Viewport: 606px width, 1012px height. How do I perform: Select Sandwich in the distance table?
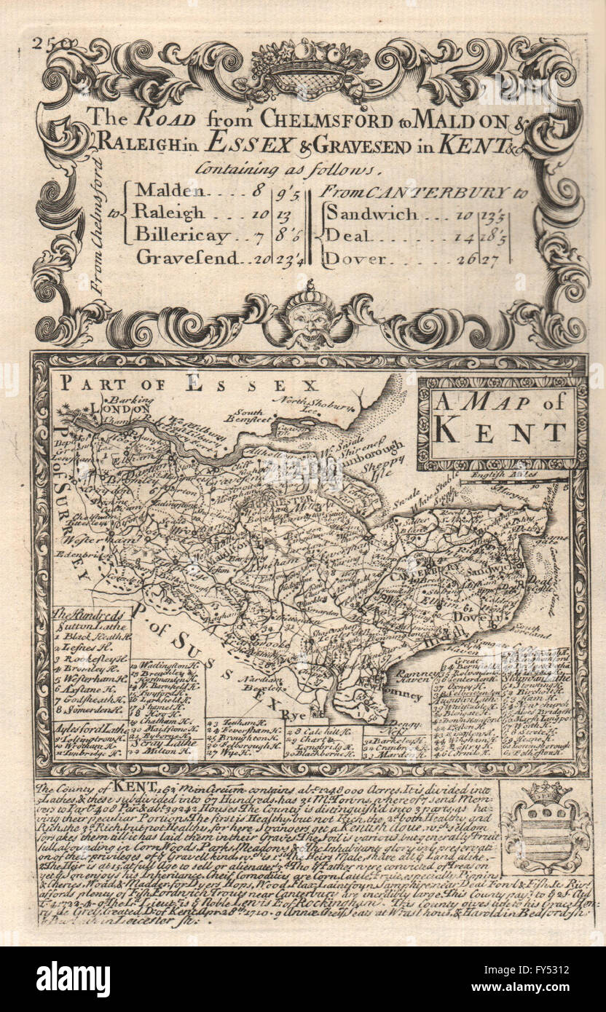[371, 214]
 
